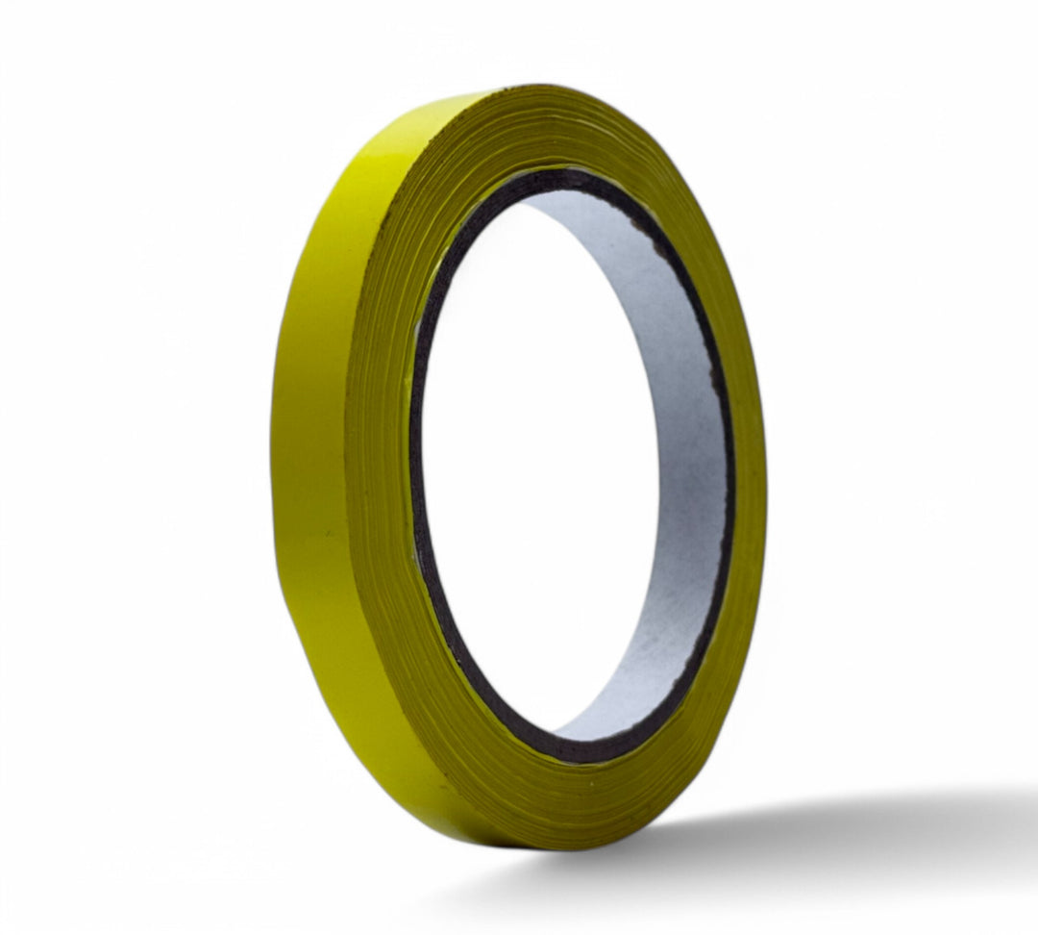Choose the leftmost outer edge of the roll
pyautogui.click(x=271, y=462)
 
